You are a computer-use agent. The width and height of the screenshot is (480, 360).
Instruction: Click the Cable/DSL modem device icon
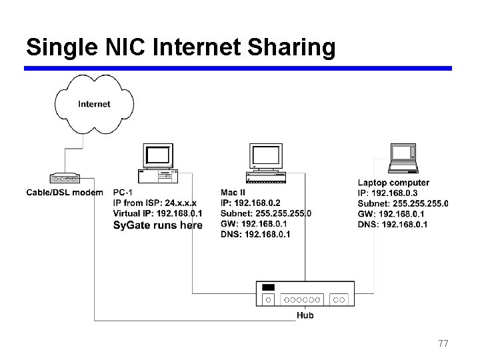tap(65, 179)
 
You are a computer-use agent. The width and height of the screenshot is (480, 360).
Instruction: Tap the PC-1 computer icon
tap(158, 163)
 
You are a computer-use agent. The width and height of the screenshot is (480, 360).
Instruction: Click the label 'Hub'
tap(305, 315)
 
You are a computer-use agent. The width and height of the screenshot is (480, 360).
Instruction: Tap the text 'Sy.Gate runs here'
tap(157, 225)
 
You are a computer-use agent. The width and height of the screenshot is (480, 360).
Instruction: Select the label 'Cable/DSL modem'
tap(65, 193)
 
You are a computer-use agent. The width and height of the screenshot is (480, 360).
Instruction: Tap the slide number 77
tap(443, 343)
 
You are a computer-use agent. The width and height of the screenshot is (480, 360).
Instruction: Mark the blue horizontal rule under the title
tap(238, 68)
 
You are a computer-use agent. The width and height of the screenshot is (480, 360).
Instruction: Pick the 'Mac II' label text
tap(232, 193)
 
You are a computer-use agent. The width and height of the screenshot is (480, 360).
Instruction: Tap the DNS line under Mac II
tap(255, 235)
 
